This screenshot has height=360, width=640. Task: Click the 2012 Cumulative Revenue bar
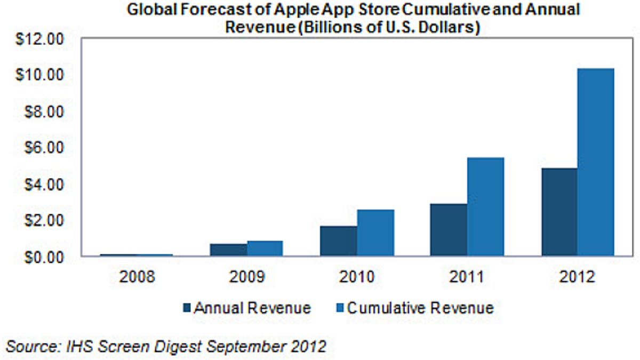[596, 163]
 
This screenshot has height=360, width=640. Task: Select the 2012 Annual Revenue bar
[559, 212]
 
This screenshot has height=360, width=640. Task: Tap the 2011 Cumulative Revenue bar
[485, 207]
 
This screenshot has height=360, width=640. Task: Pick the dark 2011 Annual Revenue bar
[449, 230]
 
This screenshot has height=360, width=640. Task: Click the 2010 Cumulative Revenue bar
[375, 233]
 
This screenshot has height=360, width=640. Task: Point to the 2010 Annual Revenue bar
[339, 241]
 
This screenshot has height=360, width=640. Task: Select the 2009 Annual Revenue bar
[228, 250]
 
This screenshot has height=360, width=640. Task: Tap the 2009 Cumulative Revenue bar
[265, 249]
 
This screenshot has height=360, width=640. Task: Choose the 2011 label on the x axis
[467, 277]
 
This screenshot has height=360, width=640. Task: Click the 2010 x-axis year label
[357, 277]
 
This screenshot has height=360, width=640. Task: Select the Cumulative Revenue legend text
[420, 308]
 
